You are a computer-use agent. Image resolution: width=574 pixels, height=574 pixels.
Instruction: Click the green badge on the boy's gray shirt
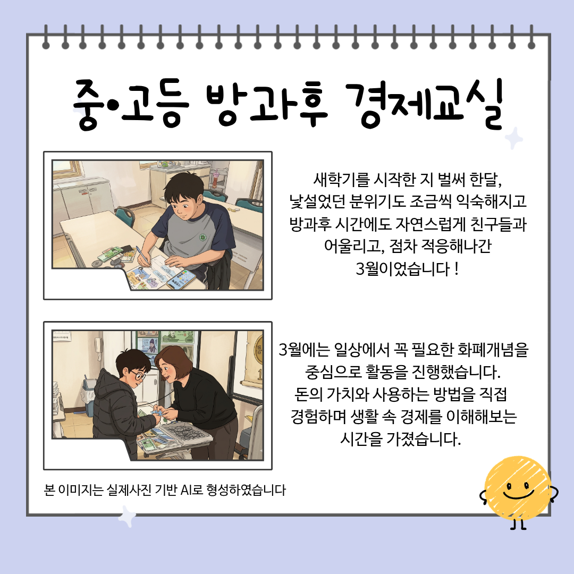202,238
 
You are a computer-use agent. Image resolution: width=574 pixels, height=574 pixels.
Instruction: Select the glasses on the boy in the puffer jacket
138,375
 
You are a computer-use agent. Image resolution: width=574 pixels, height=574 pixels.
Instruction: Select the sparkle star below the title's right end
514,138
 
